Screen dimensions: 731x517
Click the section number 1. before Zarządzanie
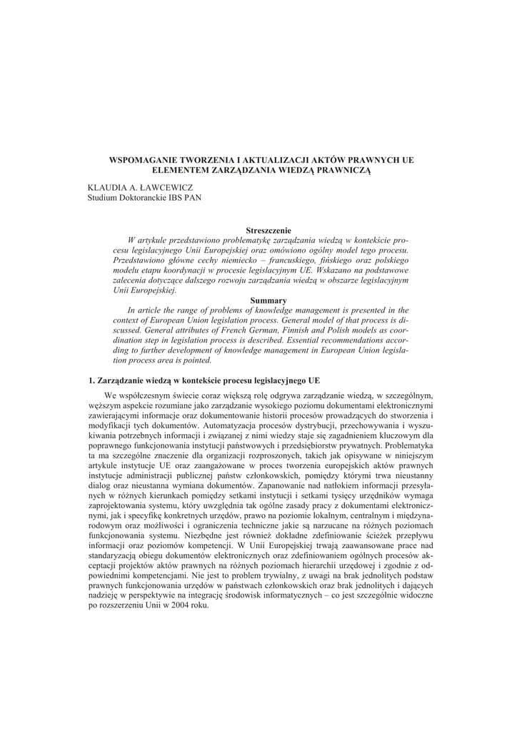(x=91, y=380)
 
